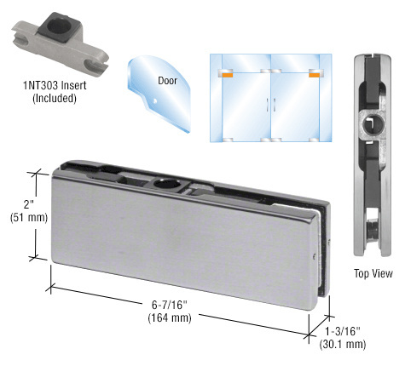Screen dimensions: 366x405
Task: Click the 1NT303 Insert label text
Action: (x=53, y=84)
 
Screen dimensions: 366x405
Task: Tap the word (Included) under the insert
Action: (x=54, y=98)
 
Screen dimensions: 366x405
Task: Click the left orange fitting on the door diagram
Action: (x=227, y=75)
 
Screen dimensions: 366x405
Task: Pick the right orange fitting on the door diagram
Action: (x=315, y=75)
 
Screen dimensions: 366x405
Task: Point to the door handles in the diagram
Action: (x=271, y=105)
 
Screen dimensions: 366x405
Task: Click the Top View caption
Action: (x=373, y=274)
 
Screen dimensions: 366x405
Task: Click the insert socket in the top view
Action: (x=373, y=129)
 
